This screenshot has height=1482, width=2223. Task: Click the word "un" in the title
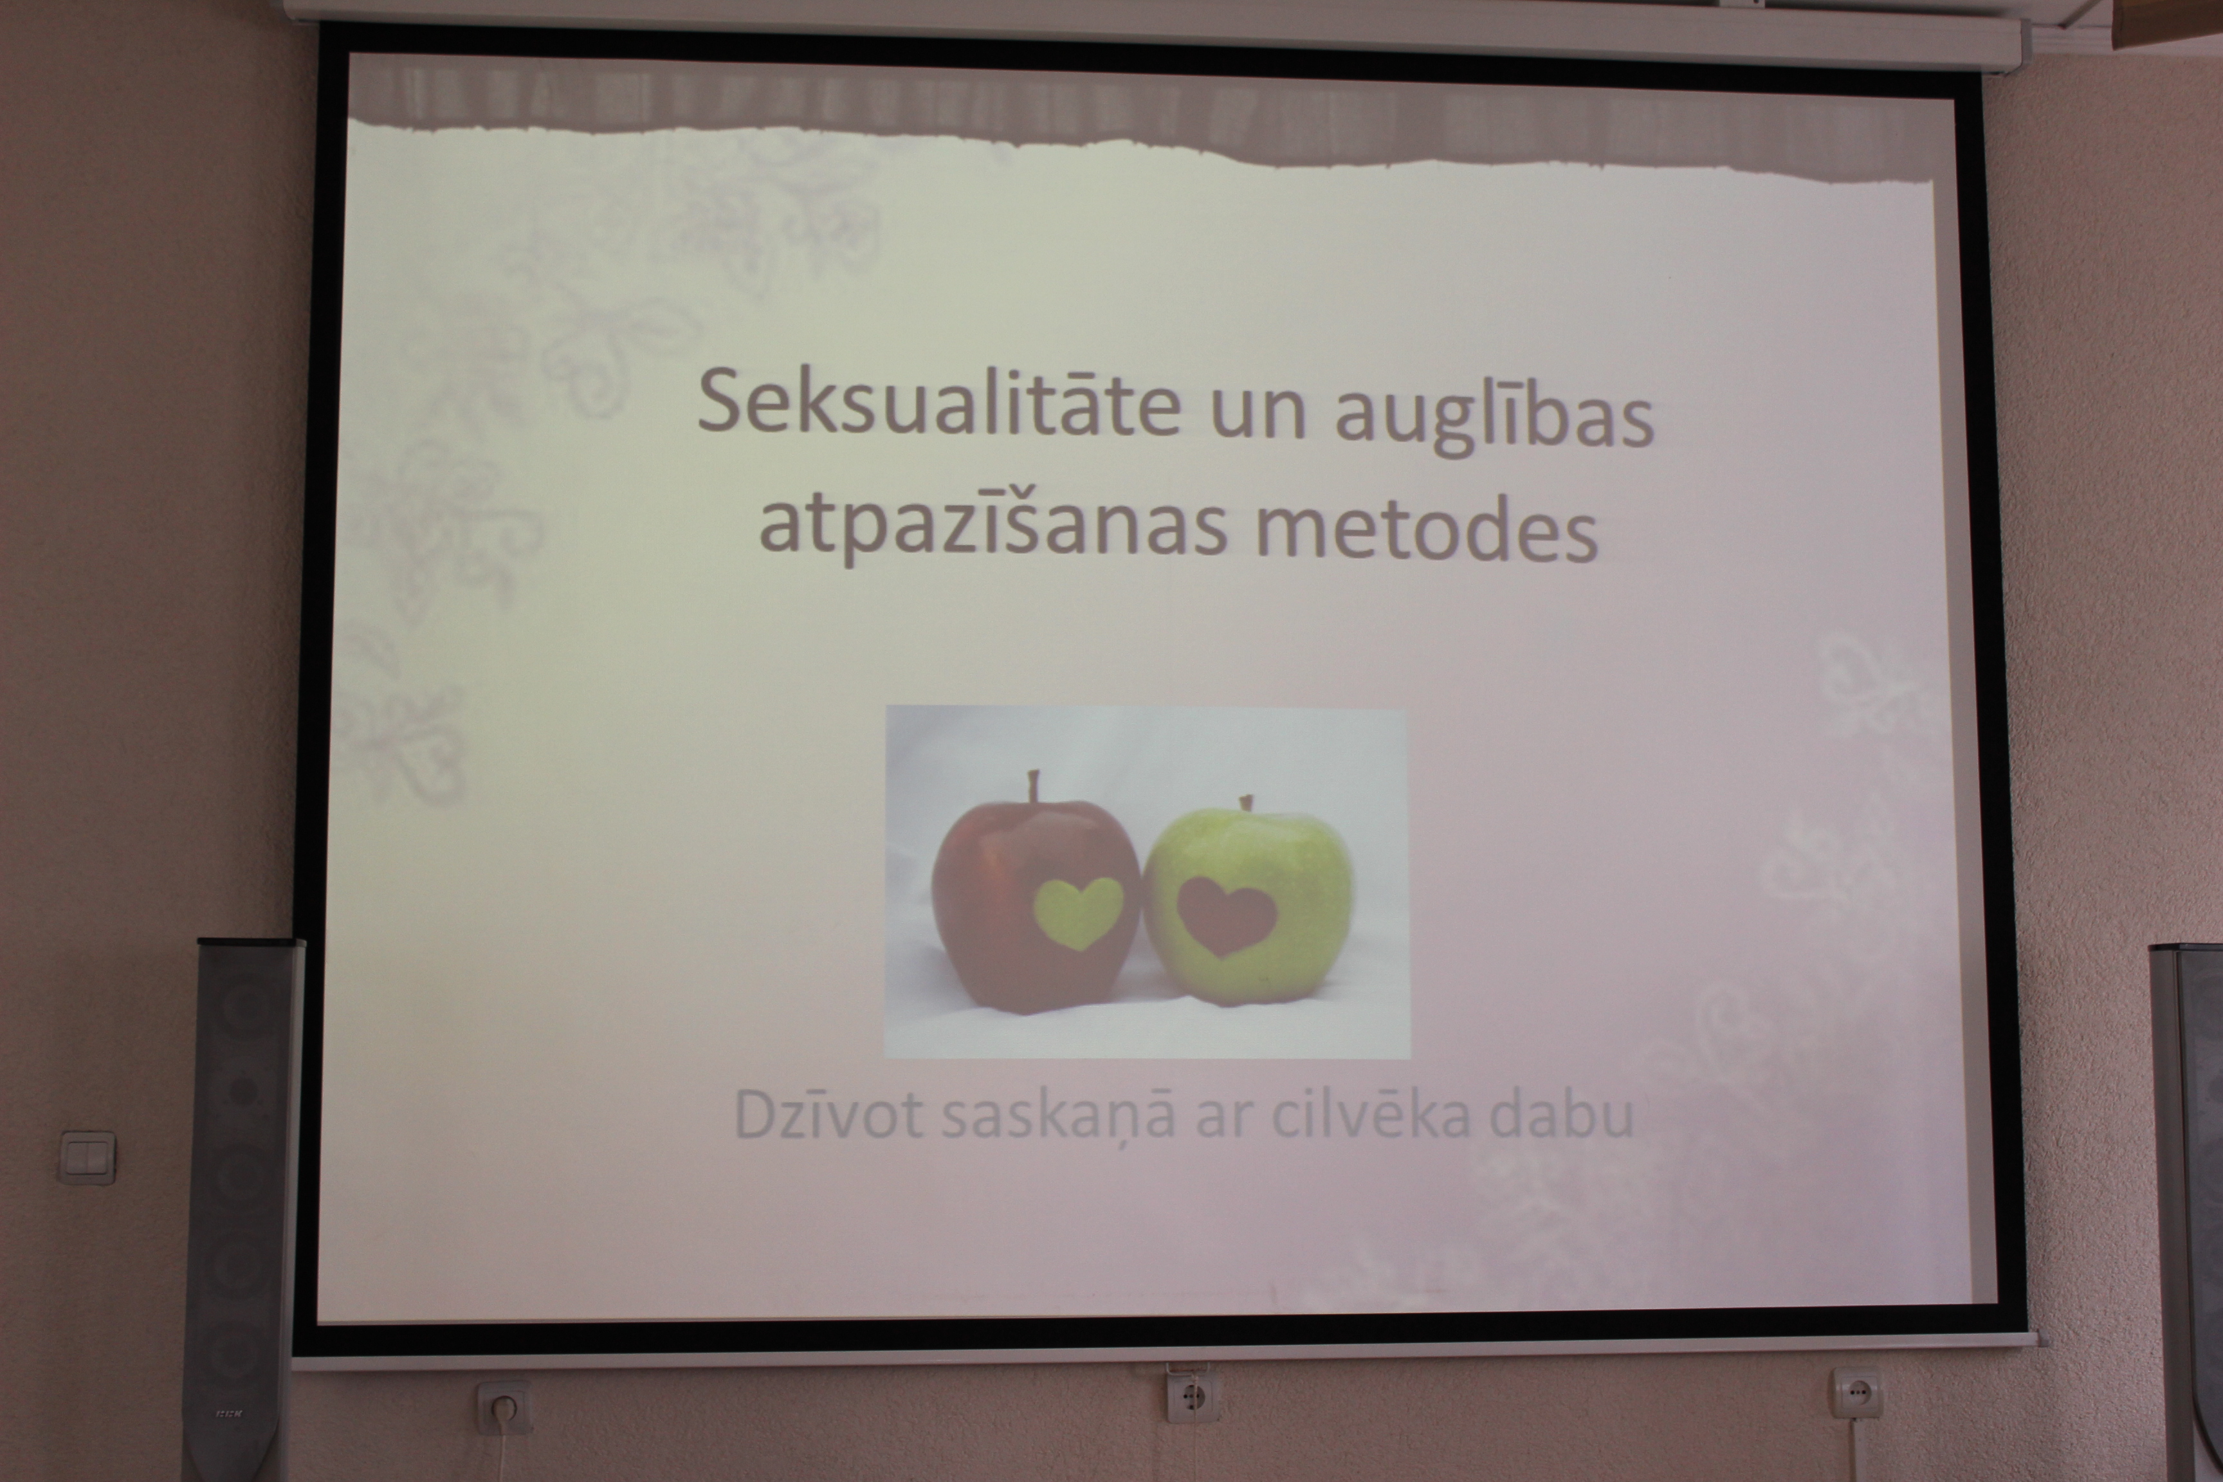click(x=1258, y=417)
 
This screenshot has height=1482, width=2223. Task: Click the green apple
click(x=1248, y=902)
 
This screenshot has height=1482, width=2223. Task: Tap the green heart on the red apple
click(x=1079, y=911)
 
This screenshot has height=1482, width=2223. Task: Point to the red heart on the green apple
click(x=1227, y=915)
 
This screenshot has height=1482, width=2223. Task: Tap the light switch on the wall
click(x=87, y=1157)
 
